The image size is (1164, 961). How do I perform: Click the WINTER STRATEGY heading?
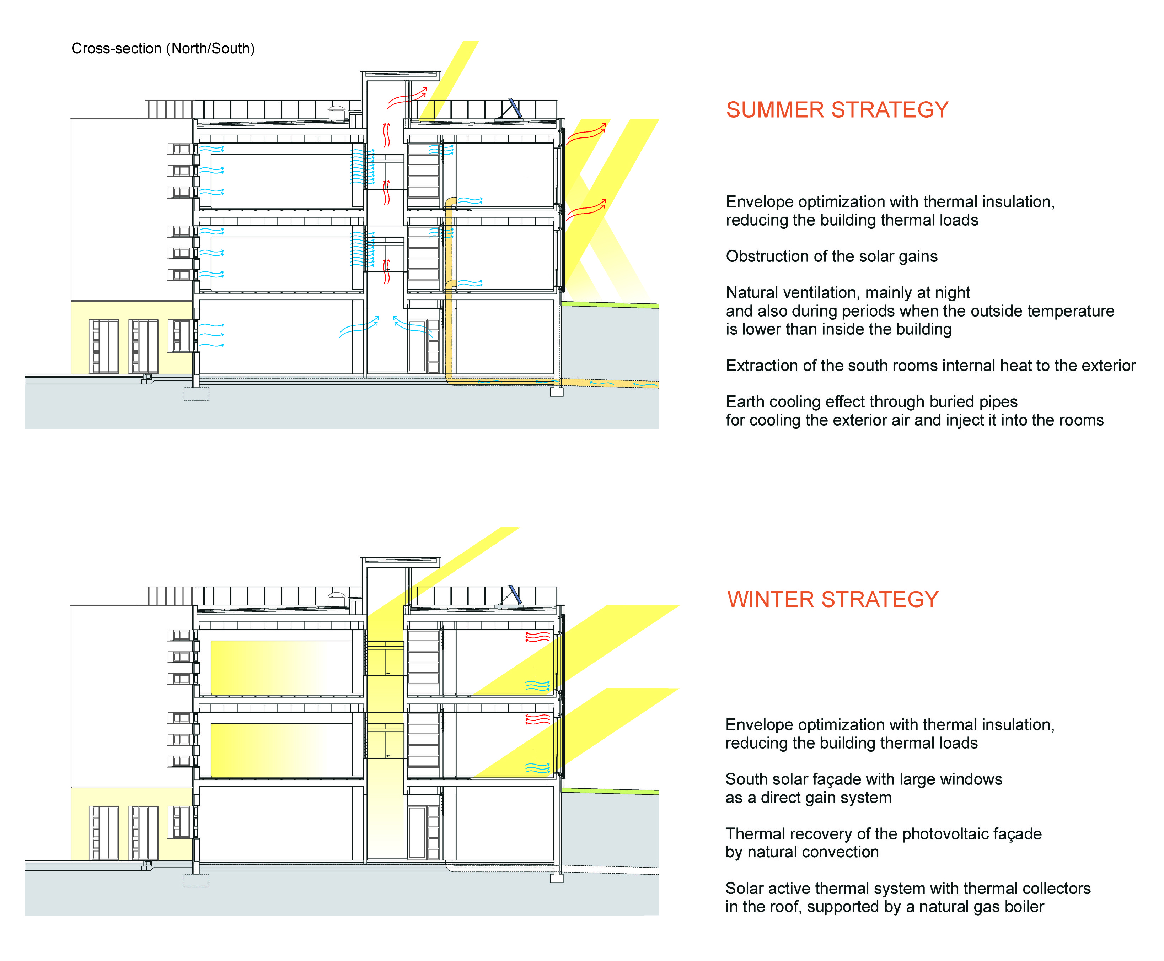(832, 600)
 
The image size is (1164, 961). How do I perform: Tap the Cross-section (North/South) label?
(163, 49)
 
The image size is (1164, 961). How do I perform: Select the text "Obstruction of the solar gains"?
(831, 256)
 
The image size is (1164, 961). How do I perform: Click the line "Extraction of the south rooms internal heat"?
(930, 365)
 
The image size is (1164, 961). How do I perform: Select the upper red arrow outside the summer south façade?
(586, 134)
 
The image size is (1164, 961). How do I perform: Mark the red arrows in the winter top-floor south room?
(537, 637)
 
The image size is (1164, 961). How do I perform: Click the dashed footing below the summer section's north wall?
(196, 394)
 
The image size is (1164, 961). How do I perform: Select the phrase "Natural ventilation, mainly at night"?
(847, 292)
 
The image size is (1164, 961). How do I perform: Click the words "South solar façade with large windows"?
(863, 779)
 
